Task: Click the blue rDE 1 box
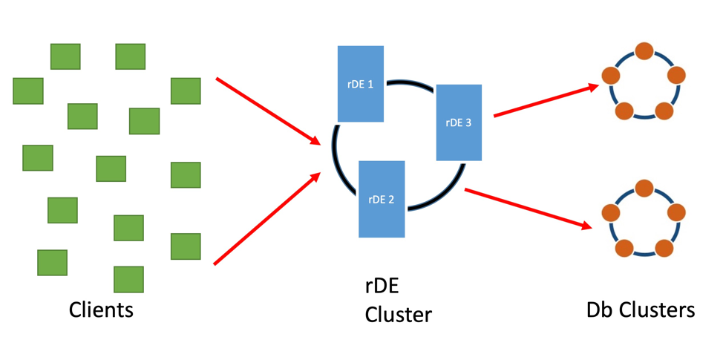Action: coord(361,84)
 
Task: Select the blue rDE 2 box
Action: coord(382,199)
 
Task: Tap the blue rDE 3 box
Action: coord(459,122)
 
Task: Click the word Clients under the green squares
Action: coord(101,309)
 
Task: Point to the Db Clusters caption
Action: coord(641,310)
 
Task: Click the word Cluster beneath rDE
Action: coord(398,314)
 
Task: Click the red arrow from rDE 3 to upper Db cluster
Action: coord(546,101)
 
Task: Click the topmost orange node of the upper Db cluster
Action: coord(644,51)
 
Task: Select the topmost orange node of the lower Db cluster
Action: coord(644,189)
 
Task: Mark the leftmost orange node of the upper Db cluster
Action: coord(611,76)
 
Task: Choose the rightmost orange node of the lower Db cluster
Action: coord(676,212)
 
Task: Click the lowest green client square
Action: coord(128,280)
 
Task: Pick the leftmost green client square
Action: coord(28,91)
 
